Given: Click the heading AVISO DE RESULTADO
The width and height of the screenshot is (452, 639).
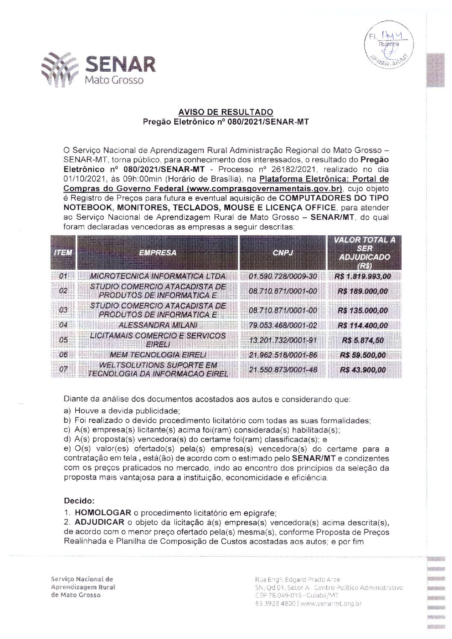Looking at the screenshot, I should [226, 112].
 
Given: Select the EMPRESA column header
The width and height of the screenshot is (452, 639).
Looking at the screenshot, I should [158, 253].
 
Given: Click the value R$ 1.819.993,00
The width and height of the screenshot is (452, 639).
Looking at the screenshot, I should [364, 276].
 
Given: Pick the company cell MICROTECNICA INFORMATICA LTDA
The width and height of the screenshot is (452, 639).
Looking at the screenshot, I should [158, 276].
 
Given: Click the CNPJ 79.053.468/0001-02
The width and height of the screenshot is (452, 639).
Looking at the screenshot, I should [283, 325].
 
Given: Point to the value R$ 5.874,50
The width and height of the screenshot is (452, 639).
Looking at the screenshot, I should [364, 340].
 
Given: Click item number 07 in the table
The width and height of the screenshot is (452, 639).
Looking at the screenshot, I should [63, 370].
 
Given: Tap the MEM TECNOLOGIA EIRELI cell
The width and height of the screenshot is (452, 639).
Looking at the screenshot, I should [158, 355].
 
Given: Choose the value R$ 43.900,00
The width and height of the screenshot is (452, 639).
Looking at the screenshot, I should [364, 370].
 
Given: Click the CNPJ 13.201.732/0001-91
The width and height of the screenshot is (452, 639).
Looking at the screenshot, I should [283, 340].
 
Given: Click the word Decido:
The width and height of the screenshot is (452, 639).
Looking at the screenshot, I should [79, 500].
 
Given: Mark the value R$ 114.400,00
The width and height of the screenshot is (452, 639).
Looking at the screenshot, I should [364, 325].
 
